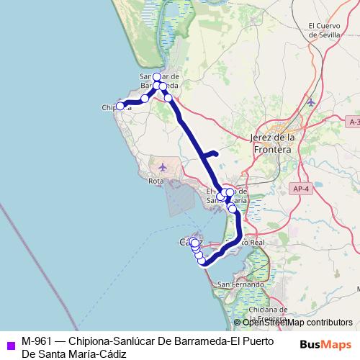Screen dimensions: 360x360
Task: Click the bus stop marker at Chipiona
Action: pos(120,106)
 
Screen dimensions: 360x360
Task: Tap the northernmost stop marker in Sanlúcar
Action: pos(156,76)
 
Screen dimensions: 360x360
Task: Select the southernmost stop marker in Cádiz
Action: pos(202,261)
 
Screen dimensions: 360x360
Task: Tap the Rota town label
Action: pos(156,180)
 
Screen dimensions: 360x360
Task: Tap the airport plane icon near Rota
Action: pos(162,167)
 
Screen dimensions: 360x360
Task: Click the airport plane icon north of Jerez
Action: pos(310,102)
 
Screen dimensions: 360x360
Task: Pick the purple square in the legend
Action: pos(9,343)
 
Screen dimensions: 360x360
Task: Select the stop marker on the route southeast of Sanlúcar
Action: pos(168,98)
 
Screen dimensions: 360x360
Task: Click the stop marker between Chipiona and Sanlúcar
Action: pos(145,98)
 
